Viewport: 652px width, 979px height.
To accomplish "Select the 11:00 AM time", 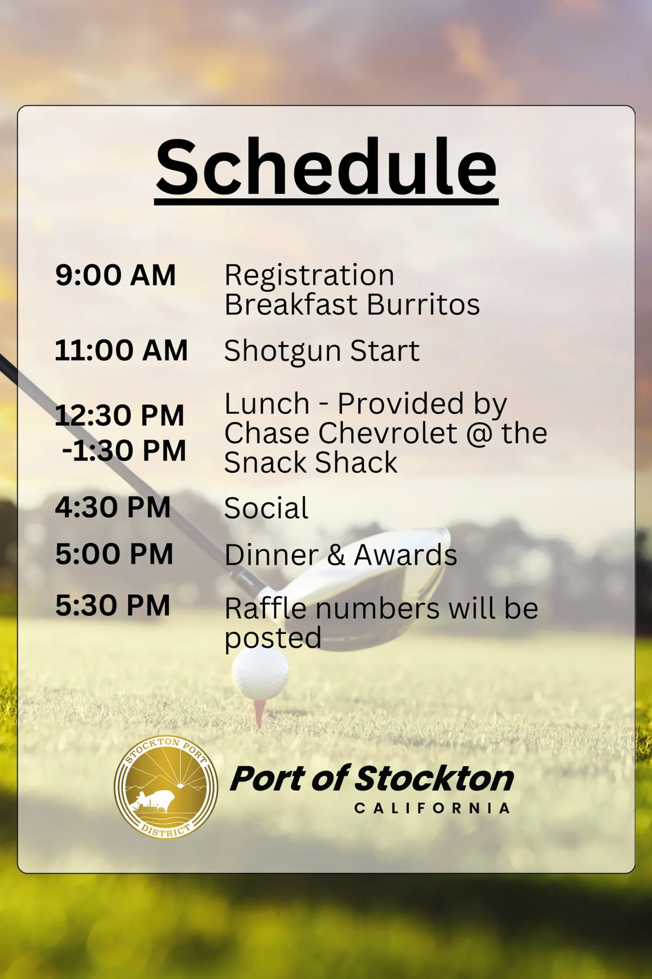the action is [121, 350].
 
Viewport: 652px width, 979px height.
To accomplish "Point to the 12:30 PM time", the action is [119, 415].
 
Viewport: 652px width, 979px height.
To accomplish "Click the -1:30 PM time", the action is [123, 450].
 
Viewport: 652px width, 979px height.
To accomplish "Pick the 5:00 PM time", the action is [114, 554].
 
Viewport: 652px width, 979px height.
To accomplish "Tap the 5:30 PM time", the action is [113, 605].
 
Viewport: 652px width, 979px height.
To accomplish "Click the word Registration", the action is [309, 276].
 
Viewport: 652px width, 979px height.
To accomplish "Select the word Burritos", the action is [423, 304].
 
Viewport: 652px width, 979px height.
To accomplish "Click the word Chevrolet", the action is [388, 433].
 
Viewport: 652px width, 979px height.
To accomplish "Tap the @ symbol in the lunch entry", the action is [479, 434].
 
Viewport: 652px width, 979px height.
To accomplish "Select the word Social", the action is [266, 508].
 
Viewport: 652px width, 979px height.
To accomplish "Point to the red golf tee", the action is [259, 714].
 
